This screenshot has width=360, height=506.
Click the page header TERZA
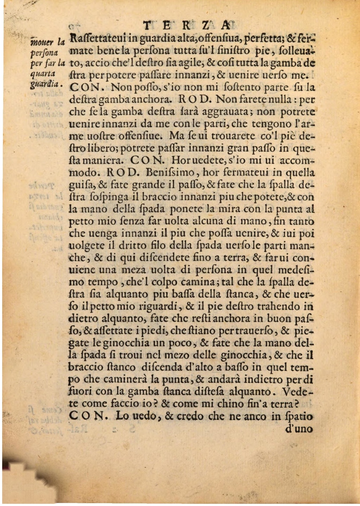(x=190, y=26)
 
